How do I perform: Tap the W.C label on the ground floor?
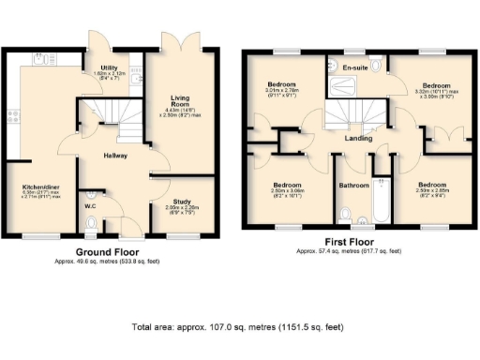point(90,205)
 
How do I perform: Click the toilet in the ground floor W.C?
point(91,223)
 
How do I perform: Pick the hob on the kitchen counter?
point(12,116)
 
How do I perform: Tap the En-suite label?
point(354,67)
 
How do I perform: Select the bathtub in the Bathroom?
point(382,199)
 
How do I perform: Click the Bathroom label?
point(353,186)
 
